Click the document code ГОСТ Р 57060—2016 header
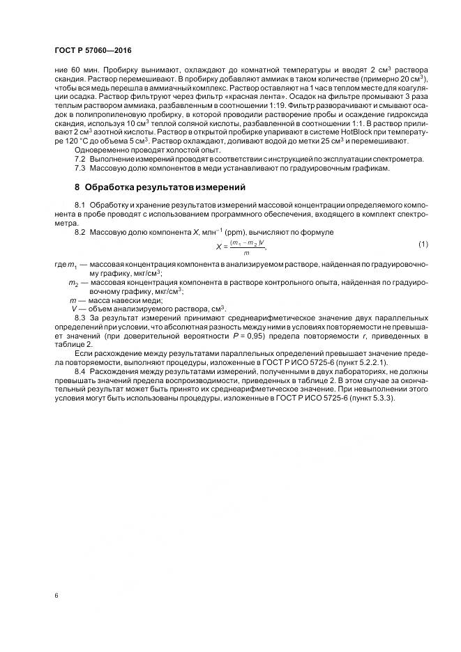point(93,51)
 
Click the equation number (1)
point(423,243)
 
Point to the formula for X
point(241,246)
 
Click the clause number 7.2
point(80,159)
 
